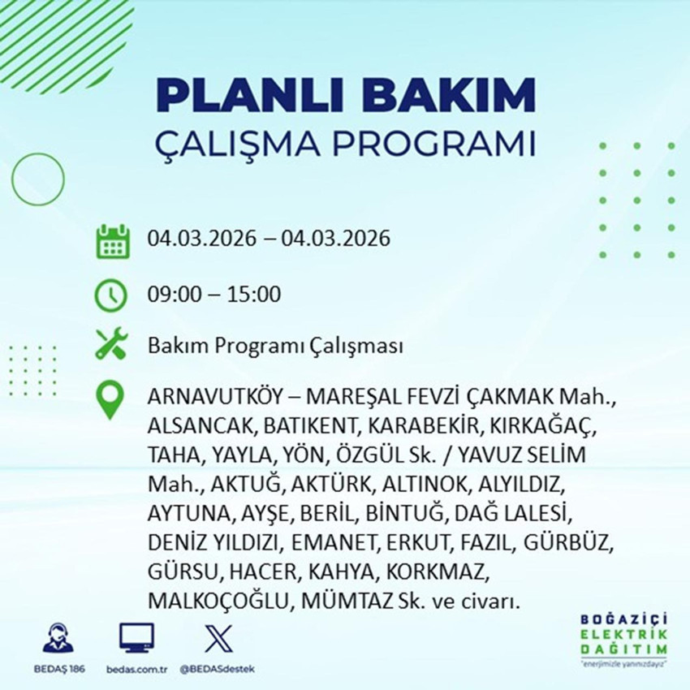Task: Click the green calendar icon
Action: pos(113,240)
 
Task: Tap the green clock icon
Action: pos(110,294)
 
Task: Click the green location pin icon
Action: pos(110,400)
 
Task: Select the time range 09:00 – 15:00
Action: pos(214,294)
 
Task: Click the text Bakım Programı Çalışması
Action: pos(275,347)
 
